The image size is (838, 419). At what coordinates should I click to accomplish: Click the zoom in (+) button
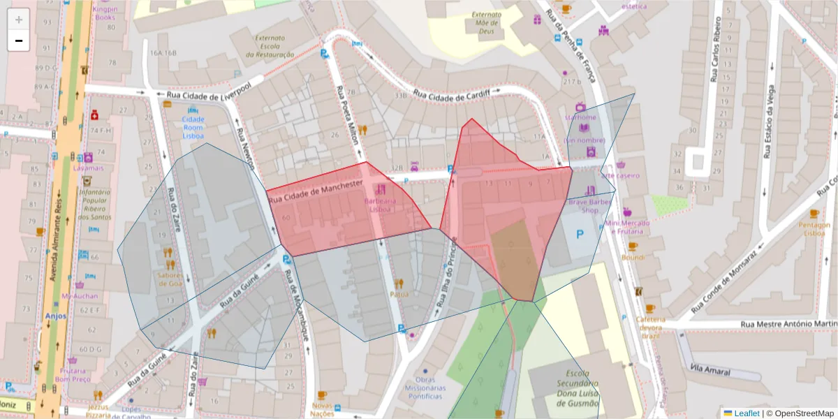19,20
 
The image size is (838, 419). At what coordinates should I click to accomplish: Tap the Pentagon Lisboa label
815,229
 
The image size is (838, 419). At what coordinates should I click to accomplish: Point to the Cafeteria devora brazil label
651,327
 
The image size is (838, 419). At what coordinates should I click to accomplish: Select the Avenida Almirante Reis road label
59,230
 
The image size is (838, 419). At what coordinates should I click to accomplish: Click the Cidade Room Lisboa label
193,128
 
